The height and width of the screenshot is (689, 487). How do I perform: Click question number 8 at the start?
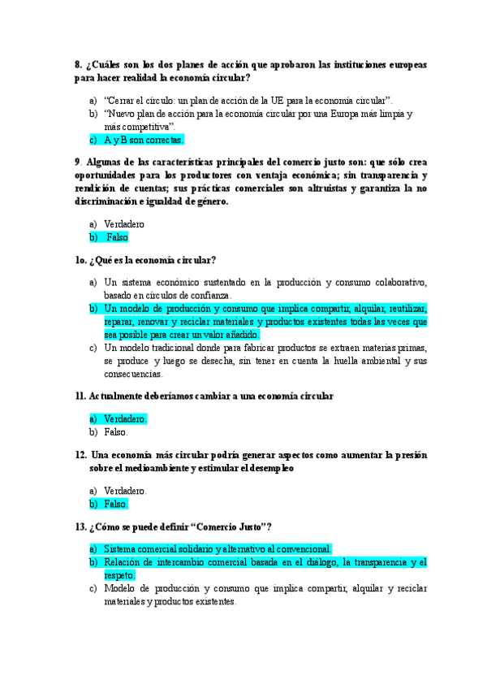[78, 63]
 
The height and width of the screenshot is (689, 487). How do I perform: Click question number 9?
[78, 162]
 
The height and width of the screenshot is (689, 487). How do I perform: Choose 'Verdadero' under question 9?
[124, 223]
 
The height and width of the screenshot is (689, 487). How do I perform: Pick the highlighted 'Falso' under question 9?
[118, 237]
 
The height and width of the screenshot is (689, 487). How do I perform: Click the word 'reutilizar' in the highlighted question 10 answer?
[408, 308]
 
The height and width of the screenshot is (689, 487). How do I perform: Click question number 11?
[80, 396]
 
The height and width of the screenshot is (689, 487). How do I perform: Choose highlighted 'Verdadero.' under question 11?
[125, 418]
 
